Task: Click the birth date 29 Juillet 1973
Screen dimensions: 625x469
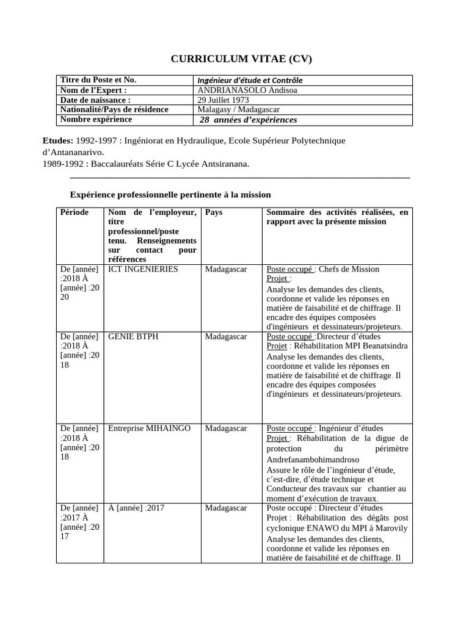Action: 224,99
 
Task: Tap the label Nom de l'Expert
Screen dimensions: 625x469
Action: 93,90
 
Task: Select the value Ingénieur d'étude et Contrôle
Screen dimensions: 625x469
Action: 250,80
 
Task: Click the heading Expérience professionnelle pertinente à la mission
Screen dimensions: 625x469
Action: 170,194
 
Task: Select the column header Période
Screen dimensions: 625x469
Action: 75,212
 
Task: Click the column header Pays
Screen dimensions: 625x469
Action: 214,212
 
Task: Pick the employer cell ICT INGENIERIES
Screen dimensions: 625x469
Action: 143,269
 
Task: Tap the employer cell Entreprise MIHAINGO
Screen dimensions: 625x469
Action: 149,428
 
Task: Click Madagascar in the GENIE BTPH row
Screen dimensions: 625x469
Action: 226,336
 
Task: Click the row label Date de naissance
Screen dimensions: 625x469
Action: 95,99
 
